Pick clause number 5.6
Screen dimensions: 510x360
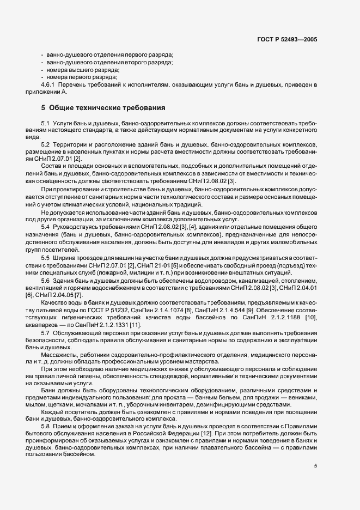click(46, 280)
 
